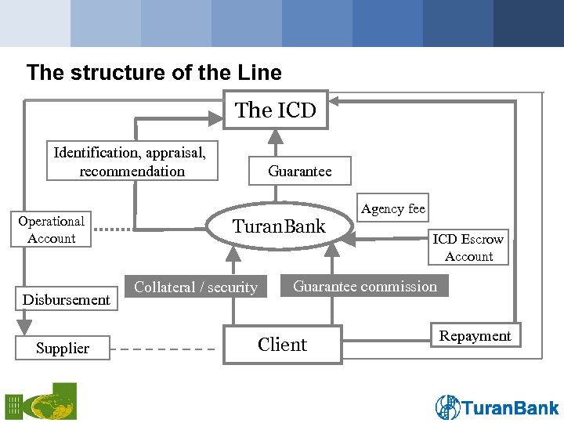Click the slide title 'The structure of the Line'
154,73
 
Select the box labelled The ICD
276,110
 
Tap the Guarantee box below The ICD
299,171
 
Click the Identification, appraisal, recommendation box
132,161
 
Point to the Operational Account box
52,230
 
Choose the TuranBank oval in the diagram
279,227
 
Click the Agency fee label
393,208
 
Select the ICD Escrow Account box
468,248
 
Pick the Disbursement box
67,299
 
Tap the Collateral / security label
196,287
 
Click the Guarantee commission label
365,286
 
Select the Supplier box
63,348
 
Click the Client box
282,345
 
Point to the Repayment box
475,336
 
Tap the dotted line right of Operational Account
112,230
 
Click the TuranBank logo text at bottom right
511,407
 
